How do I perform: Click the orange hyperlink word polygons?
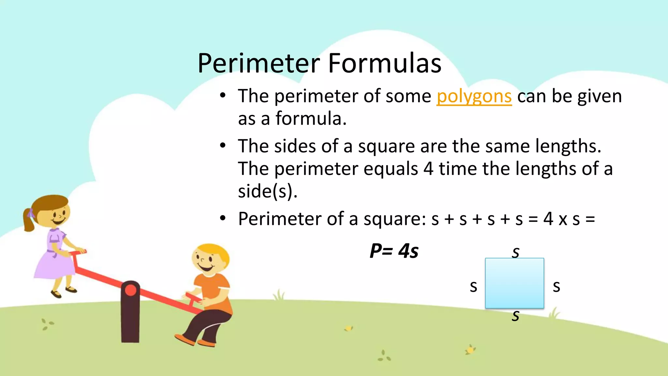474,97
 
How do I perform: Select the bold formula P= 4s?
394,251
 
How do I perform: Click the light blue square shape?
514,283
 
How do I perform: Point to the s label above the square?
515,252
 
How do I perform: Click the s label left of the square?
473,287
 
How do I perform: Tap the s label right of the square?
556,287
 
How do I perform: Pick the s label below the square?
515,316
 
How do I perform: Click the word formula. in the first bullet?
311,118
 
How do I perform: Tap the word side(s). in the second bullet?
267,191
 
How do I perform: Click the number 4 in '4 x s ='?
548,219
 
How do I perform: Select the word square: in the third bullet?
395,219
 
